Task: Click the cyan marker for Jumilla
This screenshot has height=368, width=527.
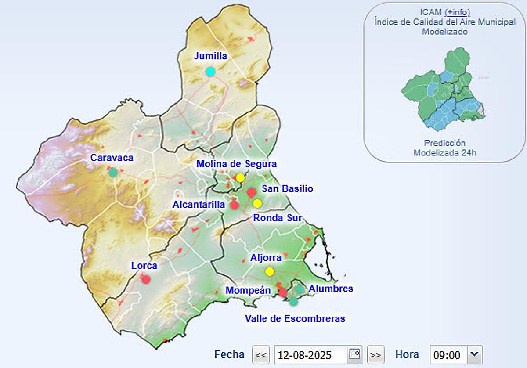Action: coord(210,72)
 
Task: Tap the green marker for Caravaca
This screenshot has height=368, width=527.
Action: coord(113,173)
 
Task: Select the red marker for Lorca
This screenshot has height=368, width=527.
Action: coord(146,279)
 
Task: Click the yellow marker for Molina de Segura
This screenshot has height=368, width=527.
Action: coord(240,178)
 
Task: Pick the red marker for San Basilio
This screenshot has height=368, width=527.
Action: coord(252,192)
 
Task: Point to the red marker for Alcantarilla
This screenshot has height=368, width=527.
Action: coord(235,205)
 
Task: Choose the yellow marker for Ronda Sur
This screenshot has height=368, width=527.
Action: coord(257,203)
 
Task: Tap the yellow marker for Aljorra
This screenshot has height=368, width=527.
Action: coord(270,271)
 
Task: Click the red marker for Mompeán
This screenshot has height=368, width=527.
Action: coord(283,292)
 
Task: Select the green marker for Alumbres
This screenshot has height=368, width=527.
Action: coord(300,289)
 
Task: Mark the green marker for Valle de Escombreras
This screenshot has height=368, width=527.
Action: coord(293,301)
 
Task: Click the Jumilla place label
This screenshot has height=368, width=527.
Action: coord(210,56)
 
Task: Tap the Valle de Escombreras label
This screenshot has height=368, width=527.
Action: coord(295,318)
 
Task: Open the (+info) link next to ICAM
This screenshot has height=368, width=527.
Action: coord(457,12)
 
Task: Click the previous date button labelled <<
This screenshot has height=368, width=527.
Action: coord(261,354)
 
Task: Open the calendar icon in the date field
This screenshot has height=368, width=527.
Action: coord(354,354)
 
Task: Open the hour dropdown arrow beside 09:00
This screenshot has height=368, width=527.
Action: coord(474,354)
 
